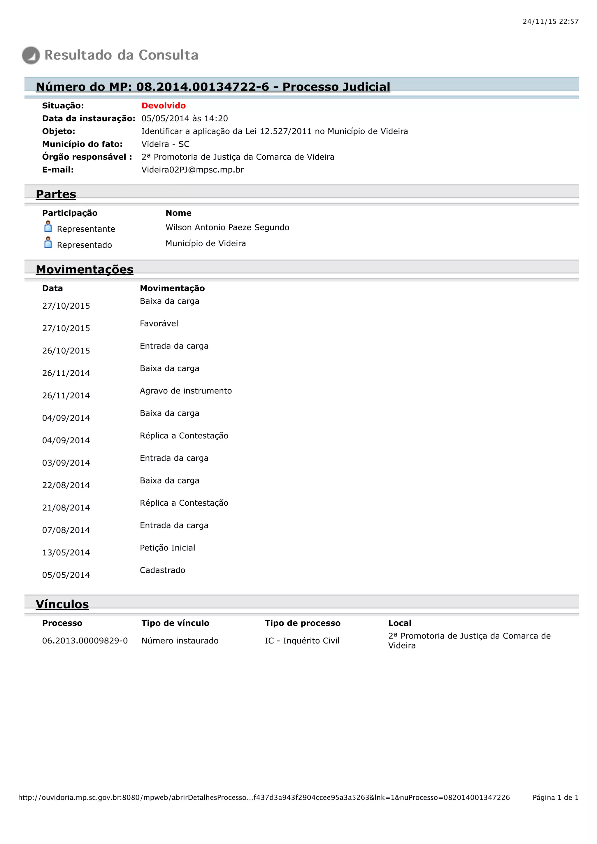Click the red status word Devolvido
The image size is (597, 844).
(164, 106)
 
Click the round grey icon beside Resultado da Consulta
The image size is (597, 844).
(31, 55)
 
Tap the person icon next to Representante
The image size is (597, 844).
(48, 227)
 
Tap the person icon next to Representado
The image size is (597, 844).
(48, 243)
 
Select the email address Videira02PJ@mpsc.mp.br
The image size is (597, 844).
(193, 170)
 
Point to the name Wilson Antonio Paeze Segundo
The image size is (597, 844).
(227, 228)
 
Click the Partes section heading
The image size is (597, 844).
(56, 194)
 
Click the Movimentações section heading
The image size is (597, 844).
(85, 270)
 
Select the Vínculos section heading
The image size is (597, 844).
(62, 604)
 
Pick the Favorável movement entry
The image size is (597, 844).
(159, 323)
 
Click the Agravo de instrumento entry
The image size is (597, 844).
(186, 391)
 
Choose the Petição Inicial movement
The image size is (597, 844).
(167, 548)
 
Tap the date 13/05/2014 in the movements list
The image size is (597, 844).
(66, 553)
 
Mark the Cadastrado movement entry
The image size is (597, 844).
(162, 570)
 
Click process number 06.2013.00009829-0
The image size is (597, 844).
(85, 641)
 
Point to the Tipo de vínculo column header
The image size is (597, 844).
(175, 623)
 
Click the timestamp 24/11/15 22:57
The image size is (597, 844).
(550, 22)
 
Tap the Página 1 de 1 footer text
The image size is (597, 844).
(555, 797)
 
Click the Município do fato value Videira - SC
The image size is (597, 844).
(165, 144)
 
